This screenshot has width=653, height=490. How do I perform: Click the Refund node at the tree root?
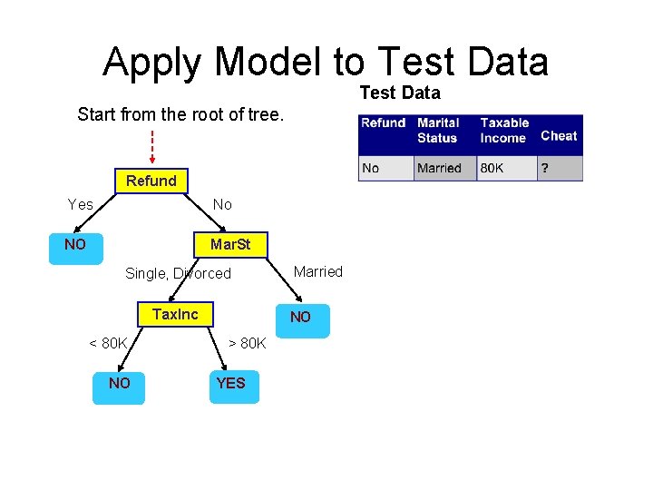pos(151,181)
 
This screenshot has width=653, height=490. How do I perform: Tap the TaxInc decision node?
pos(175,314)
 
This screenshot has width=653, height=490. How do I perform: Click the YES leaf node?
pos(230,384)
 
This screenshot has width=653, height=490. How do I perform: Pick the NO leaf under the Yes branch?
pos(75,245)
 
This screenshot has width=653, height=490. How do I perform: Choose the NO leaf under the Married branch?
pos(300,317)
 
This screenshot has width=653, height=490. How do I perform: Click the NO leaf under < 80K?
pos(119,384)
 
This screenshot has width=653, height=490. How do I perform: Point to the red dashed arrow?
pos(151,146)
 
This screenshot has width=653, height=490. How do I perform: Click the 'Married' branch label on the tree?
pos(318,271)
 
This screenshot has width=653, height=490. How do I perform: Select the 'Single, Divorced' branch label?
pos(178,273)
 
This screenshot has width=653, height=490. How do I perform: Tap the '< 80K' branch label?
pos(108,343)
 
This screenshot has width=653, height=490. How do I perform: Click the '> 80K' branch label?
pos(247,343)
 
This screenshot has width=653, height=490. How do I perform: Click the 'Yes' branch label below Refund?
pos(81,204)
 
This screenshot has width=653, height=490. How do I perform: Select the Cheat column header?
pos(559,136)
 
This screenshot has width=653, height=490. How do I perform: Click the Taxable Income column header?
pos(504,130)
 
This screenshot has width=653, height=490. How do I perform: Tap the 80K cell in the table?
pos(492,168)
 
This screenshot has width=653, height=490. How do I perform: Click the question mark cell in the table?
pos(545,168)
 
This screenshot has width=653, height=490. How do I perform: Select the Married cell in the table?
pos(439,168)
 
